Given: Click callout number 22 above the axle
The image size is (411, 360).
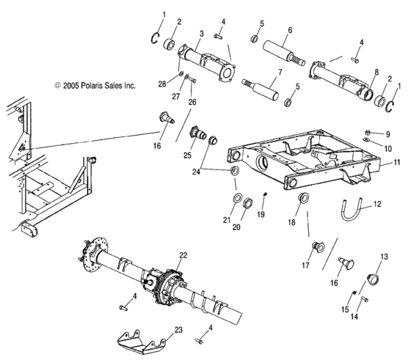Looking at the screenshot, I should tap(183, 254).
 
